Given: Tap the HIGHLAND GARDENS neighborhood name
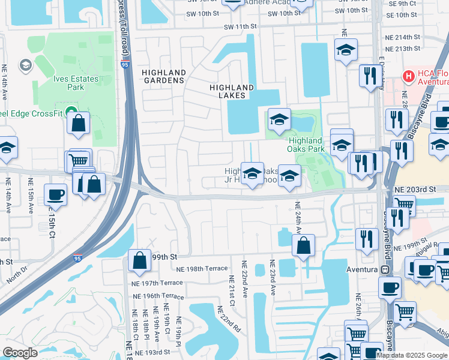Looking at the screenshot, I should click(x=163, y=76).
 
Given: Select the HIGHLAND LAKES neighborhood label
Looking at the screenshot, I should click(x=231, y=91).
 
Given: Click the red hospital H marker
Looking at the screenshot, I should click(x=409, y=76).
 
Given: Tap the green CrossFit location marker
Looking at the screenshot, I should click(x=71, y=111).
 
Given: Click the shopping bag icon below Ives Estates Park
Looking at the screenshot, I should click(x=79, y=124).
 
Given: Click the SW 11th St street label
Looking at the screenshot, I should click(x=240, y=27).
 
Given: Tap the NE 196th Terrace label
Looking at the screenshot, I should click(x=158, y=296).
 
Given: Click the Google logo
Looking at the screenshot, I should click(x=19, y=353).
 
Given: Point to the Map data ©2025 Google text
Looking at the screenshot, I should click(x=411, y=355).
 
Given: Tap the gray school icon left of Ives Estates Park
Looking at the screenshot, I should click(x=26, y=65).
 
